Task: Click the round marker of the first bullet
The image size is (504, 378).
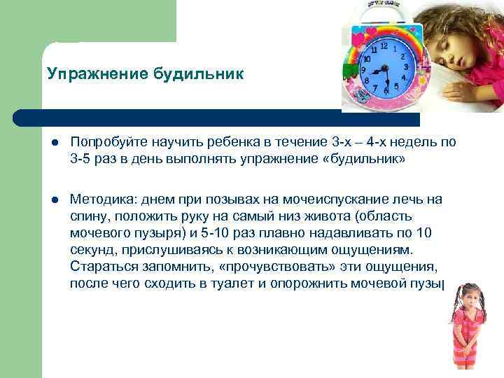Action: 54,143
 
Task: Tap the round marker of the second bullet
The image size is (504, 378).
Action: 54,200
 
